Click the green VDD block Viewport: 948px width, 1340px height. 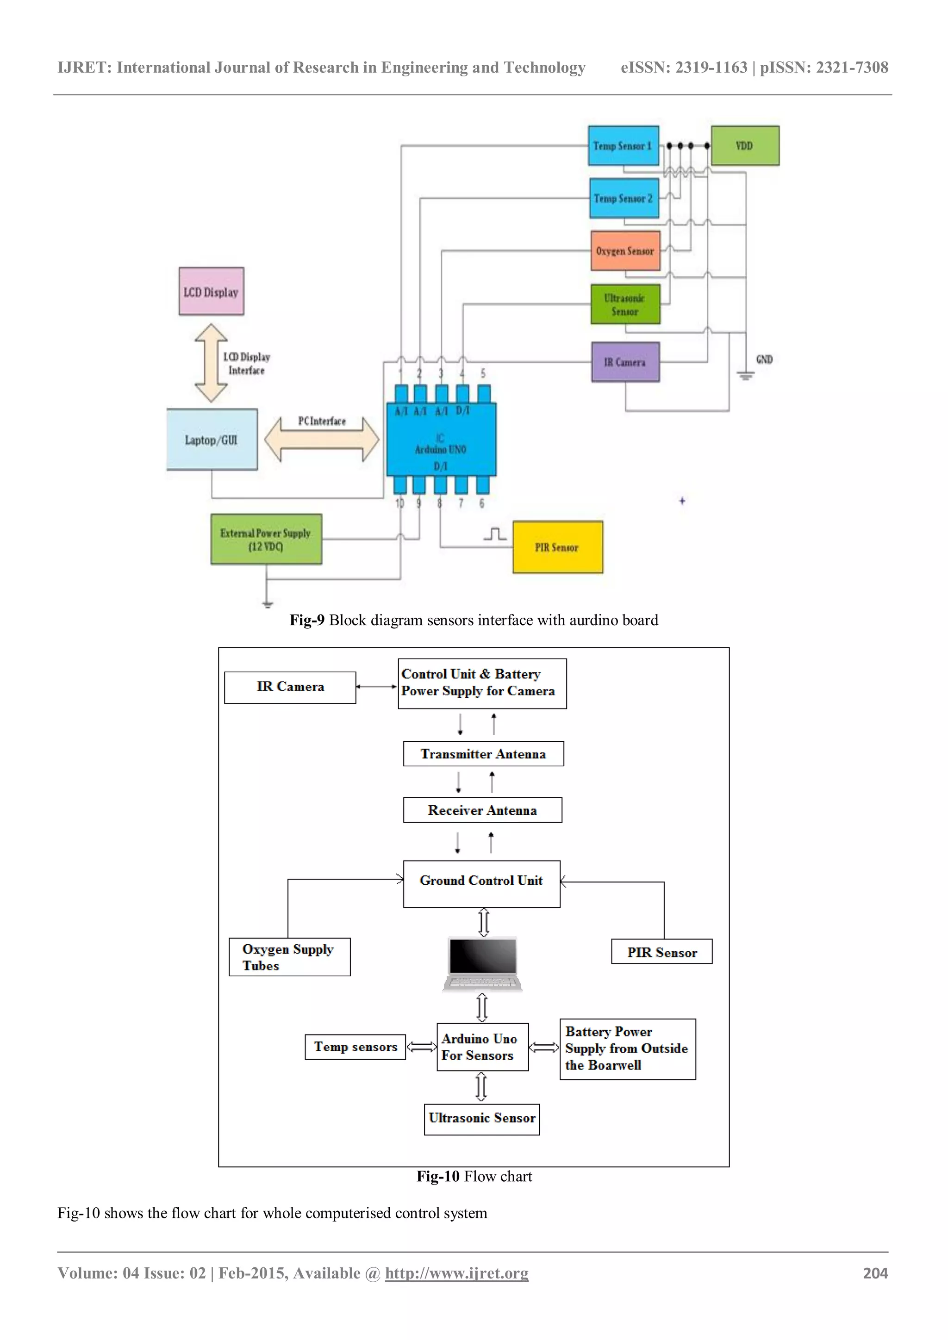pos(744,145)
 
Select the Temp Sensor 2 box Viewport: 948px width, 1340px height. pos(624,199)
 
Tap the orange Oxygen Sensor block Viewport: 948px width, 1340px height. pos(624,251)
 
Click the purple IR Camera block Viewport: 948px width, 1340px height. pos(624,362)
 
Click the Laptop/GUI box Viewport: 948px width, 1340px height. pos(212,440)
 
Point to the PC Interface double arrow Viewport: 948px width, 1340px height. pos(322,440)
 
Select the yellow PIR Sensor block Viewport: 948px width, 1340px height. pos(557,547)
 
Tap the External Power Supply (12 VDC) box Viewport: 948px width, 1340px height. pos(266,539)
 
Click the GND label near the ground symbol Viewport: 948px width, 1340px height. pos(764,360)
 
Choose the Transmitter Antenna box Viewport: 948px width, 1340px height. pos(483,753)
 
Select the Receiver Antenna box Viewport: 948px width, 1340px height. pos(482,810)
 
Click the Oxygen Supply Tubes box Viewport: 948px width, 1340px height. pos(289,957)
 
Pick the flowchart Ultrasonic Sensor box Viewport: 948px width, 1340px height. pos(481,1119)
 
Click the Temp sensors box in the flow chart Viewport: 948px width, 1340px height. pos(355,1047)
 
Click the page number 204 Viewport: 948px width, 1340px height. pos(875,1273)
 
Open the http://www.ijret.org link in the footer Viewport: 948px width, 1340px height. pos(456,1273)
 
